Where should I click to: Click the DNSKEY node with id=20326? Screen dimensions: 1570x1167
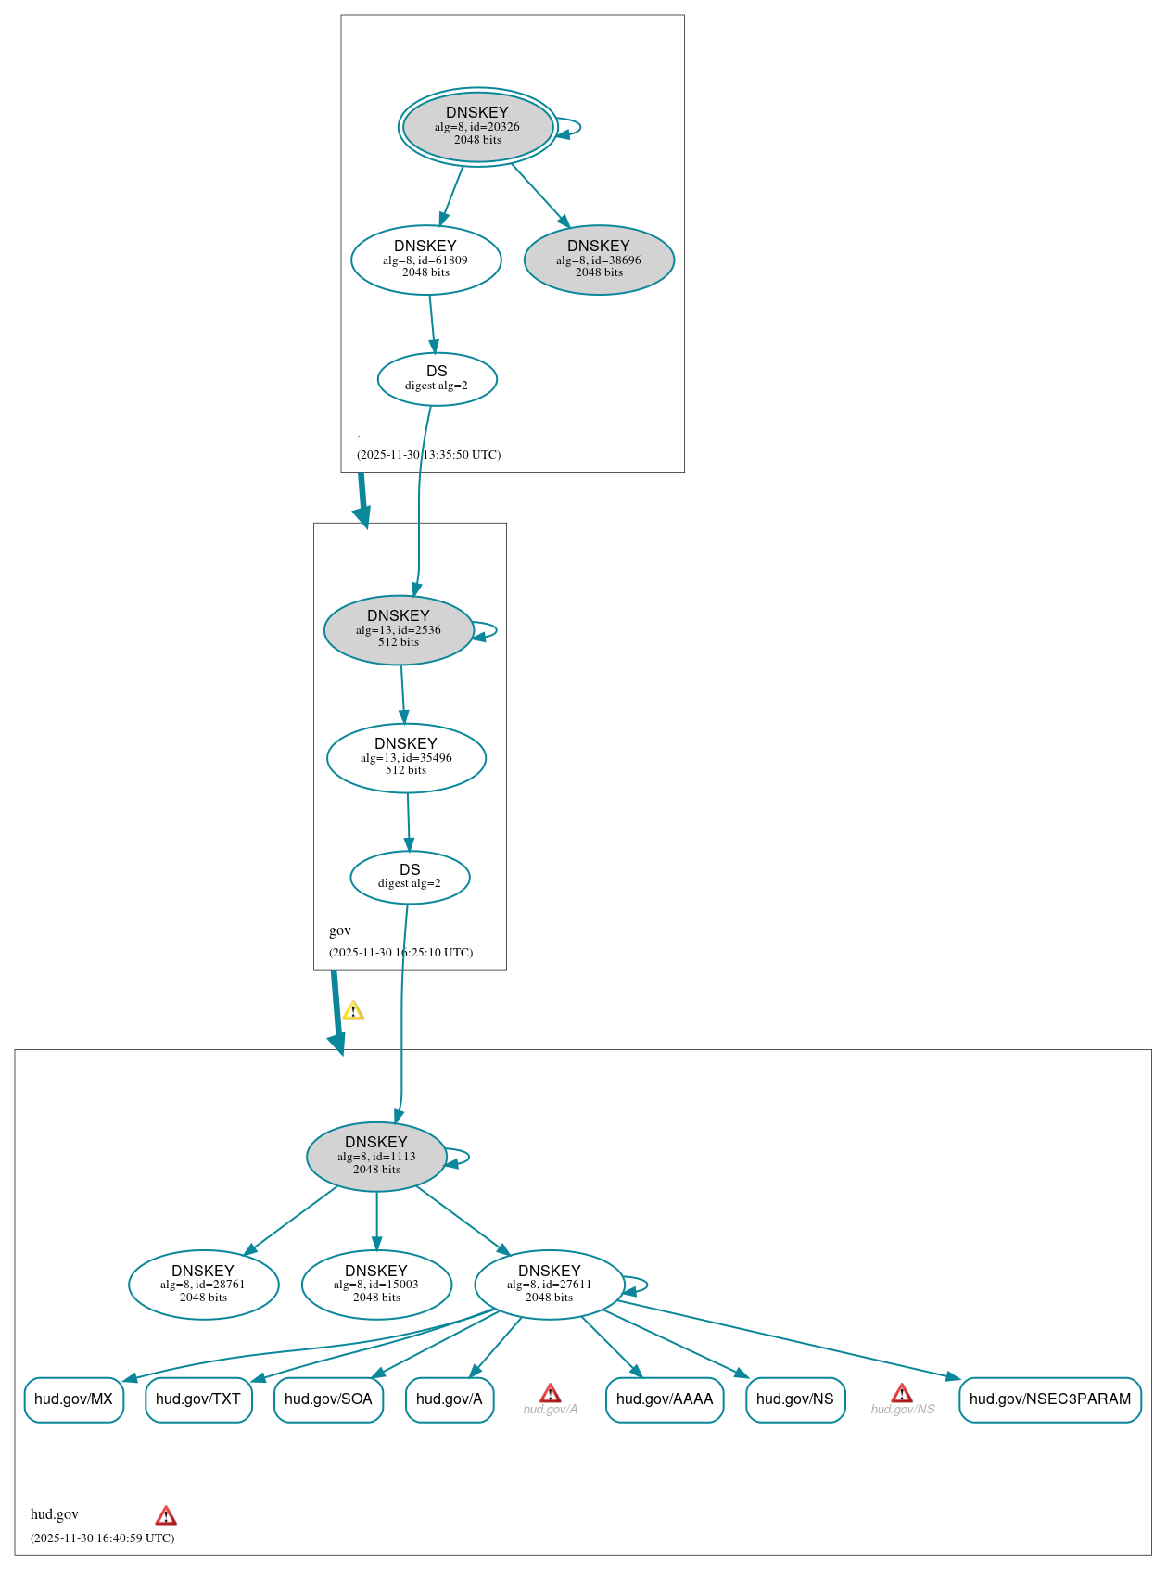(477, 127)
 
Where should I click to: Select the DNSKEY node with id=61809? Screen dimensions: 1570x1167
(425, 260)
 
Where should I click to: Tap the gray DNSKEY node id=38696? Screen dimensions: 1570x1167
(599, 260)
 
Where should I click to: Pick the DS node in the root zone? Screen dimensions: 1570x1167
(437, 378)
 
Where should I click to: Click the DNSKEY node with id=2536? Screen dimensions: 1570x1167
(399, 629)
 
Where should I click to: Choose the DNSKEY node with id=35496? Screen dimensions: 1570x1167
(406, 757)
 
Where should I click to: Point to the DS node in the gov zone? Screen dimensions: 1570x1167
(410, 877)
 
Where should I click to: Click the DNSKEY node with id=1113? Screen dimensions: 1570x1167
(376, 1156)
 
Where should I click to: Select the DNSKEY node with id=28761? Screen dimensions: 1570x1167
(203, 1285)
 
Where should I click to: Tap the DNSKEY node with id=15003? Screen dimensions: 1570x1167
(376, 1285)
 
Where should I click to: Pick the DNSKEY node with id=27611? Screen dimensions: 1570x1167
(549, 1285)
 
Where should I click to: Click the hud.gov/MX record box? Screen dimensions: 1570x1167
(73, 1399)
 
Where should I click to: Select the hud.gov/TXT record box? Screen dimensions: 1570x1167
(198, 1399)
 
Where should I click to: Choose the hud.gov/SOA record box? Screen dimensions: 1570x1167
(328, 1399)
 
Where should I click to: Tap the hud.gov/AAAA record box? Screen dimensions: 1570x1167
(664, 1399)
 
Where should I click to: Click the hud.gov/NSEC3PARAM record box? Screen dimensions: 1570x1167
(1049, 1399)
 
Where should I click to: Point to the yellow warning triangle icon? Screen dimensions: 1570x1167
(353, 1011)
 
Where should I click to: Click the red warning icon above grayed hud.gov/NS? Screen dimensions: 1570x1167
(902, 1393)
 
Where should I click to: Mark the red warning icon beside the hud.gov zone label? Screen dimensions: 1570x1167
(166, 1516)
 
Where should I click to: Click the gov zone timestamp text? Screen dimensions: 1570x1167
(400, 953)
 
